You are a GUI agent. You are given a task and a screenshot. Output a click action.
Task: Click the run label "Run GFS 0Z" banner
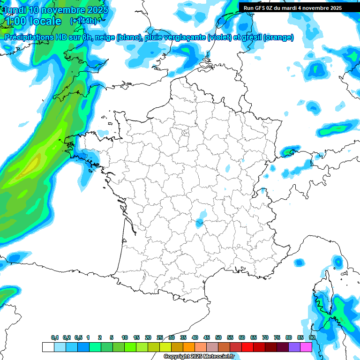pos(292,8)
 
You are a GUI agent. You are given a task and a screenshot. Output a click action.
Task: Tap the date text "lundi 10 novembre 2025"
pos(56,10)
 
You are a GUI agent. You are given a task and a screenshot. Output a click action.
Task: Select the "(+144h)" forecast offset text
pos(83,21)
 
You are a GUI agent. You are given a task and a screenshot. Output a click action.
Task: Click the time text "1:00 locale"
pos(33,21)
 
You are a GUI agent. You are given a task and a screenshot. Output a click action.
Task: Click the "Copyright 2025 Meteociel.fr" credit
pos(199,357)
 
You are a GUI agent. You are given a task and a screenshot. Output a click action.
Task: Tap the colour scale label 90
pos(312,337)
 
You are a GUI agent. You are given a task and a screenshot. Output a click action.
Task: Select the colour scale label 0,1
pos(55,337)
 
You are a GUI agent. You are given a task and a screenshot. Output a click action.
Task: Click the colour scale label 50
pos(218,337)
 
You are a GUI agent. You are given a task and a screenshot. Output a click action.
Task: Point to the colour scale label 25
pos(160,337)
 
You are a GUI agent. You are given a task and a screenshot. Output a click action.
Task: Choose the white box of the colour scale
pos(48,347)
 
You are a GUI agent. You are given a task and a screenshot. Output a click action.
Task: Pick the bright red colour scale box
pos(247,347)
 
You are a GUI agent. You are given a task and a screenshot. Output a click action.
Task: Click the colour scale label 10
pos(125,337)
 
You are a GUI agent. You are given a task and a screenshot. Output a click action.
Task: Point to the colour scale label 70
pos(265,337)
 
